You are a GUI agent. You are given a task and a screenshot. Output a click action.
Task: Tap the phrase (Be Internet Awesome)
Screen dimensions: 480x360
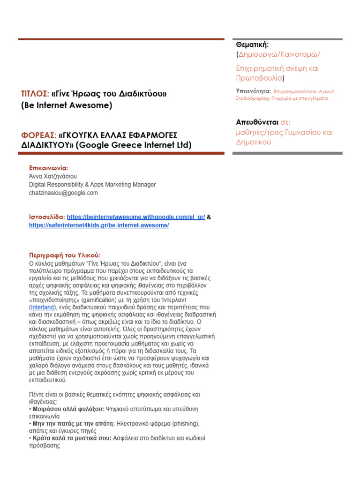pos(67,105)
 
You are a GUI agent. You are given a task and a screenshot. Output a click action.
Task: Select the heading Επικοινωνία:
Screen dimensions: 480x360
pos(48,167)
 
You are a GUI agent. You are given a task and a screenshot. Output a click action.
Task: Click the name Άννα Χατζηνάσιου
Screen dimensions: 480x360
pos(53,176)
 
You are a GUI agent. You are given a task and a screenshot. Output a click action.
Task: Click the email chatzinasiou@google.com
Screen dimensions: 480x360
pos(63,193)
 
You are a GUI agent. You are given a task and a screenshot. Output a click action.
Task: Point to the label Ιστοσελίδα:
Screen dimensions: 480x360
pos(47,217)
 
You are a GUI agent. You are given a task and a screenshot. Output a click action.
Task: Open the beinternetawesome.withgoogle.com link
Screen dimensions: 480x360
pos(136,217)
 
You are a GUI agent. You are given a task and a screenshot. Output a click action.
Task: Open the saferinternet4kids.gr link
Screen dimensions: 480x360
pos(98,225)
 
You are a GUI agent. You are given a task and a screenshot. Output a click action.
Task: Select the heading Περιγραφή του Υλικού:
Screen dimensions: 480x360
pos(65,255)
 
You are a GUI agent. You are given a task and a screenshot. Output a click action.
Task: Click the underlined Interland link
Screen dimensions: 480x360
pos(43,307)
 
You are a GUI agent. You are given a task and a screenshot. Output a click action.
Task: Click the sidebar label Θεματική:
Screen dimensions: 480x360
pos(252,45)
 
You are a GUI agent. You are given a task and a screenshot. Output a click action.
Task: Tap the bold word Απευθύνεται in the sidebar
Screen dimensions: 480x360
pos(257,122)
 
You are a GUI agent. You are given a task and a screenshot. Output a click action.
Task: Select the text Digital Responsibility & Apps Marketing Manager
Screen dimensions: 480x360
pos(92,185)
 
